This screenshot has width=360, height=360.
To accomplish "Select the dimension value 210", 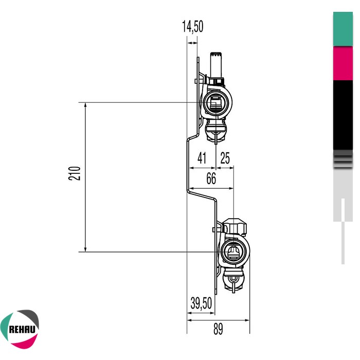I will [x=76, y=173].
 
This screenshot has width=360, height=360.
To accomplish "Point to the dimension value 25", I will [x=225, y=158].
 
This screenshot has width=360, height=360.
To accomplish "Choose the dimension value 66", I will [x=211, y=179].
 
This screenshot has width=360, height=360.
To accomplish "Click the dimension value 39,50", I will [x=201, y=303].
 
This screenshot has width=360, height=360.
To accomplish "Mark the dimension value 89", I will [x=218, y=330].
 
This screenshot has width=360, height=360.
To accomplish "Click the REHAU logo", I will [x=20, y=327].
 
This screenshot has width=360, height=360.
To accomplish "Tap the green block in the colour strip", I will [x=343, y=29].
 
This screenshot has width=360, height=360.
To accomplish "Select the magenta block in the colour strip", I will [x=343, y=63].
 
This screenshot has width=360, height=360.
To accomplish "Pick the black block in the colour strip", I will [x=343, y=114].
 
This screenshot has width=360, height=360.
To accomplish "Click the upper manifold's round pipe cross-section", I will [x=215, y=102].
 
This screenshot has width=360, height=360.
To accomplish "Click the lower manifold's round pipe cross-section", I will [x=233, y=251].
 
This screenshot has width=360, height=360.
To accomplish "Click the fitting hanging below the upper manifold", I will [x=216, y=131].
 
